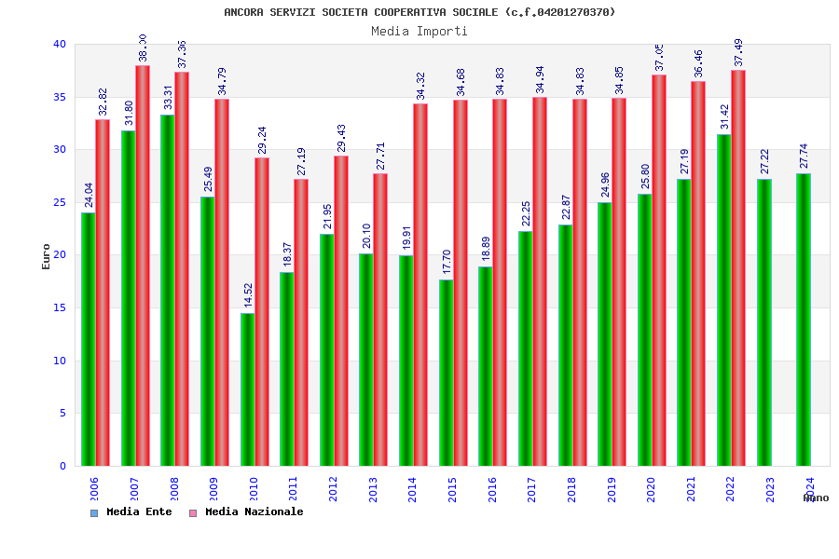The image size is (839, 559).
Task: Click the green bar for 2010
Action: coord(247,389)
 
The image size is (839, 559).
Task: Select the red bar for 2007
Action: coord(143,266)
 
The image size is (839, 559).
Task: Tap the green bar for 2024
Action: coord(804,320)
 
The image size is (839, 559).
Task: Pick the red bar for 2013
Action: coord(380,320)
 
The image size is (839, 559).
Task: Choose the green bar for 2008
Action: coord(167,290)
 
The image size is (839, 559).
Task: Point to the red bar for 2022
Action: coord(738,267)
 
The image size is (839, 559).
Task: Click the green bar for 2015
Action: coord(446,373)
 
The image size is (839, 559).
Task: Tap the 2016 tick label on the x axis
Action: coord(492,490)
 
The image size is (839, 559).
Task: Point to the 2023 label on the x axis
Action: coord(770,490)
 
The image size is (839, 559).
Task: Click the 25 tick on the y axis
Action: coord(60,202)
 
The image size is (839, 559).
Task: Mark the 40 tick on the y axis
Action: coord(60,44)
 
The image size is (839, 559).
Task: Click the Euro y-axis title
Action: coord(47,256)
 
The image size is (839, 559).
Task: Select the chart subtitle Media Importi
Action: coord(419,31)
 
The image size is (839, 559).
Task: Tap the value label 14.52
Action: coord(248,295)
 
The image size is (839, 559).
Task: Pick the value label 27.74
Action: coord(804,156)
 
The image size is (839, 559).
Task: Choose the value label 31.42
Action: coord(724,116)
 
